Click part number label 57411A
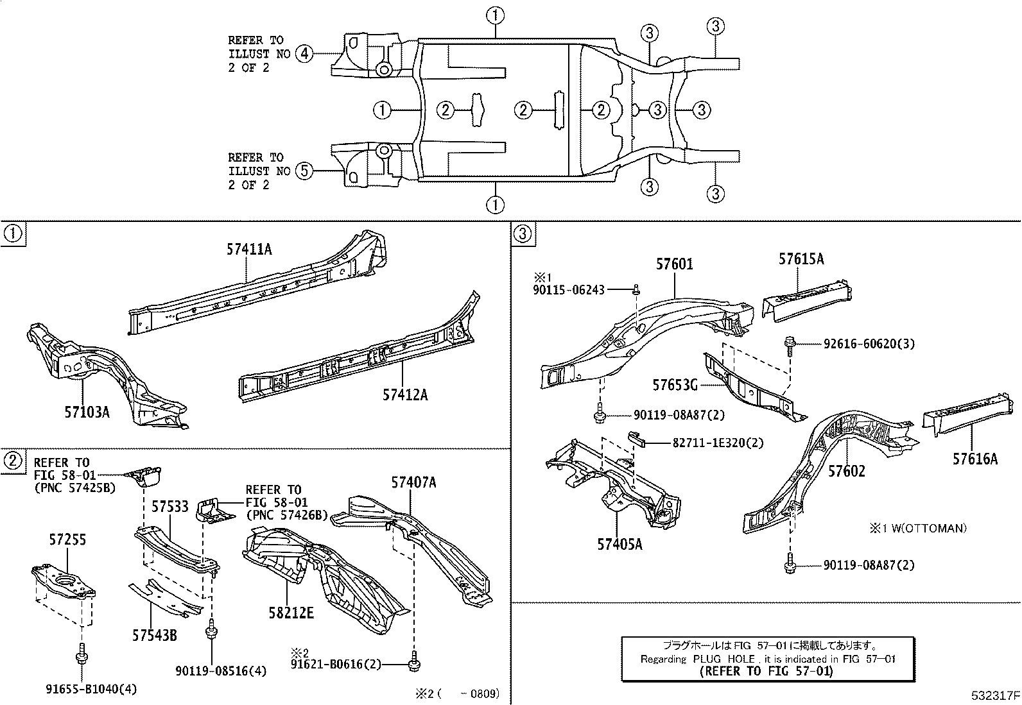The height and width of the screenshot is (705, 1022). coord(248,250)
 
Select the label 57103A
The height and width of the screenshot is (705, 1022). coord(87,412)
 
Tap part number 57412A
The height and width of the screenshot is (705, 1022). coord(405,395)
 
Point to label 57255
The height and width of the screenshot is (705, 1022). coord(67,540)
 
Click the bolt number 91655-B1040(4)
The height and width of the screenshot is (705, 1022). coord(91,689)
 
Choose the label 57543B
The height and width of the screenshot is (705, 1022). coord(155,635)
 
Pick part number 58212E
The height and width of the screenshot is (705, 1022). coord(291,613)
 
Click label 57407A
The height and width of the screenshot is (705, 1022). coord(414,482)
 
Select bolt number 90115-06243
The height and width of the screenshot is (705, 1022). coord(569,290)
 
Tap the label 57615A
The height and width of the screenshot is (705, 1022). coord(801,259)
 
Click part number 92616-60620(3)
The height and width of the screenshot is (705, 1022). coord(869,344)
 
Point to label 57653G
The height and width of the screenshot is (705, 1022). coord(675,385)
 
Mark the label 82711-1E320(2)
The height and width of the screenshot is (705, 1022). coord(718,443)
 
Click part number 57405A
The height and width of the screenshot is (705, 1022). coord(619,545)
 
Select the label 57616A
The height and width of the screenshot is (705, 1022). coord(975,459)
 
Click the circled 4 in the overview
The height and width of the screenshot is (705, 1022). coord(304,54)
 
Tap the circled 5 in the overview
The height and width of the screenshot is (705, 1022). coord(304,171)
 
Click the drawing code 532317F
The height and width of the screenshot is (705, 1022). coord(994,695)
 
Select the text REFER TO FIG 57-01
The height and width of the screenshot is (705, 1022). coord(765,671)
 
